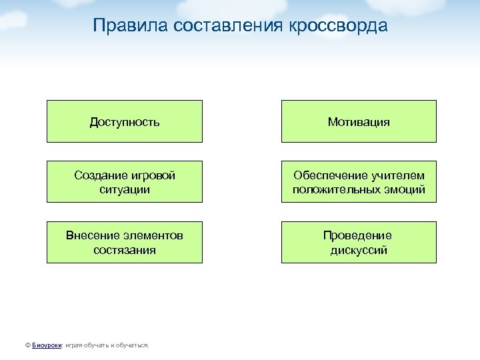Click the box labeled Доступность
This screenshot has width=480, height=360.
point(125,122)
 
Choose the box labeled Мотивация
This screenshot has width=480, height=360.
point(359,122)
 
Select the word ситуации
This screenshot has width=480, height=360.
point(125,189)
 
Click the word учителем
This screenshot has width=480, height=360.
point(398,175)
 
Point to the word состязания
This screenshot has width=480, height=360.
point(125,250)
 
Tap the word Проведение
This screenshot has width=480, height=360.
point(358,236)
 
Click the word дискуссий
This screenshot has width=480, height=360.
point(359,250)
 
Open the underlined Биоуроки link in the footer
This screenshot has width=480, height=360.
point(47,345)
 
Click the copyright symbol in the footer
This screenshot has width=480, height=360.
point(27,345)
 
